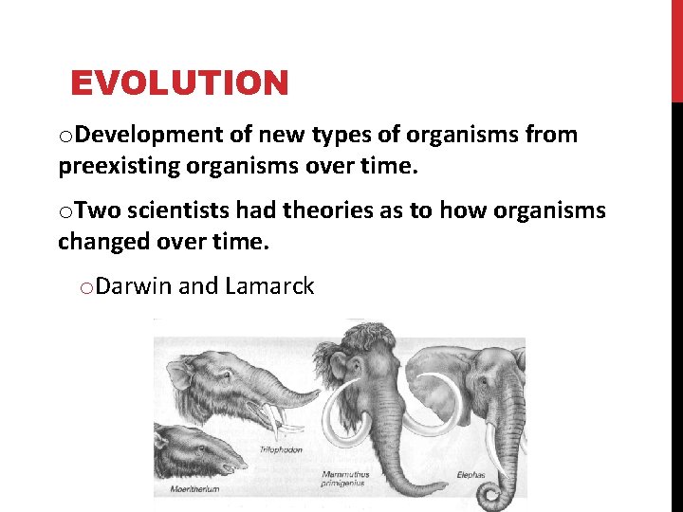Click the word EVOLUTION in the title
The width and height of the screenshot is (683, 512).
(179, 83)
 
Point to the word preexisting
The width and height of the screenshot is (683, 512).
(120, 167)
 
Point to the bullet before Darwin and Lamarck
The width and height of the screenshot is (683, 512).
(85, 286)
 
